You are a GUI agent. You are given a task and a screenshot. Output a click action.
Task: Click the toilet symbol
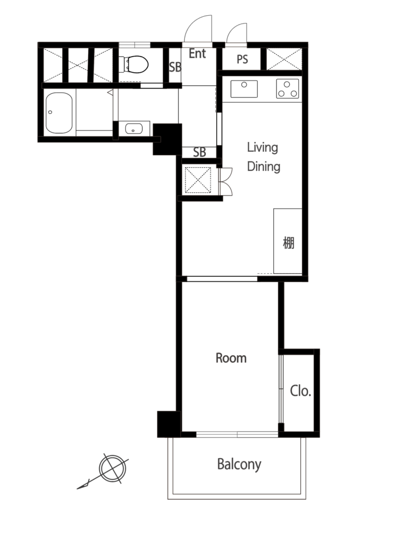(x=135, y=64)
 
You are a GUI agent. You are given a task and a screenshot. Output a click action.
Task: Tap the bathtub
(x=59, y=113)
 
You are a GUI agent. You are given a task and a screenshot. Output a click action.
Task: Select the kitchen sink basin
(x=244, y=89)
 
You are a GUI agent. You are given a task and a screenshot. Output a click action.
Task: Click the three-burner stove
(x=287, y=89)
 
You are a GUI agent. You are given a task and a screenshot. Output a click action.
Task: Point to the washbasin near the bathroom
(x=134, y=129)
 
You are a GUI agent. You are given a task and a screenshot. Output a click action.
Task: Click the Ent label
(x=197, y=54)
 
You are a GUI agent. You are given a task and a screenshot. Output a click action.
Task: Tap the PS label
(x=242, y=60)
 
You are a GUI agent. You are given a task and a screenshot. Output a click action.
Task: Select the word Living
(x=262, y=148)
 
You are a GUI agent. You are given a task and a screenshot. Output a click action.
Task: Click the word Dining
(x=264, y=167)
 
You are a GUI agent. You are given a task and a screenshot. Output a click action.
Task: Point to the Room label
(x=231, y=358)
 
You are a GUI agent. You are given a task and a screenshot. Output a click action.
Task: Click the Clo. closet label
(x=300, y=391)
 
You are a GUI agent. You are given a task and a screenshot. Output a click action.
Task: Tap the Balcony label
(x=239, y=464)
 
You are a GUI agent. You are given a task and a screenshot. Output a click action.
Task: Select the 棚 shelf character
(x=288, y=243)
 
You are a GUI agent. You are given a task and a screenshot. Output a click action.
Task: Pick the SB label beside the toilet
(x=175, y=67)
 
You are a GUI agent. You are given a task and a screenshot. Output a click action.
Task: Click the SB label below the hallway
(x=200, y=152)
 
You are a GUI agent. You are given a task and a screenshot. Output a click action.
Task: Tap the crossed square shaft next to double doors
(x=198, y=180)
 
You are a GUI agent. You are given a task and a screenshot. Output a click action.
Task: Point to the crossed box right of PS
(x=284, y=60)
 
